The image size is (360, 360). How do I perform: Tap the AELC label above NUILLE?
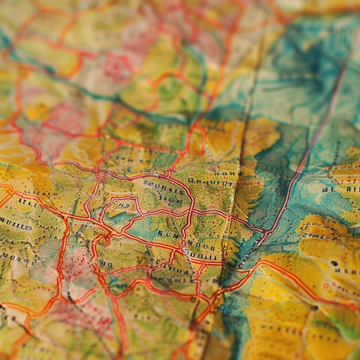27,202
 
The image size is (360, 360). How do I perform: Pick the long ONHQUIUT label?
205,182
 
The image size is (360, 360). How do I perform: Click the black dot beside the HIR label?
334,263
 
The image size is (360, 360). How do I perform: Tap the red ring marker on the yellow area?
326,285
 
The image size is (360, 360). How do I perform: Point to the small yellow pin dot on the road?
106,136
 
